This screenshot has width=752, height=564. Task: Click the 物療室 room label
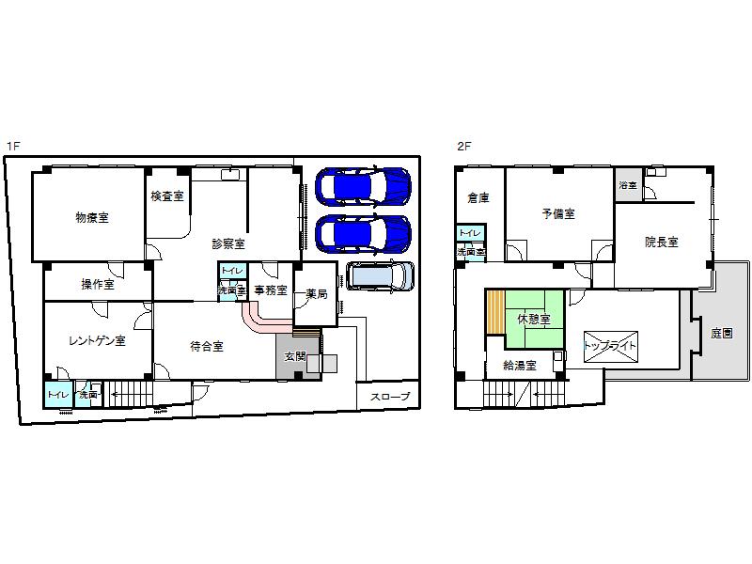(92, 217)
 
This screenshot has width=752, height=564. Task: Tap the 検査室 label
(166, 196)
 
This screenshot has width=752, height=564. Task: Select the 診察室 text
(228, 243)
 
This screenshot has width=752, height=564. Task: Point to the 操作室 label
(97, 284)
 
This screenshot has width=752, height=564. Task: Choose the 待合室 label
(207, 346)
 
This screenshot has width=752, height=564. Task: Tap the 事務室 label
(271, 290)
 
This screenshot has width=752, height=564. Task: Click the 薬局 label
(316, 294)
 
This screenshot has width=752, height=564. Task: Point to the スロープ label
(389, 397)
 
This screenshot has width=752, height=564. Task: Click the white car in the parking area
(380, 275)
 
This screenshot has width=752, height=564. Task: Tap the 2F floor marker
(463, 146)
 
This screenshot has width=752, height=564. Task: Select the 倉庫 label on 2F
(478, 198)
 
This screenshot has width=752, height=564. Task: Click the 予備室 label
(558, 213)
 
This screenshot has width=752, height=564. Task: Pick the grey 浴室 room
(627, 185)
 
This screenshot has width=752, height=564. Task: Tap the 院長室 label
(661, 242)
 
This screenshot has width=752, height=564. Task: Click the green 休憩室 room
(533, 318)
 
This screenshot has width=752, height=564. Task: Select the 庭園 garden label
(722, 333)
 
